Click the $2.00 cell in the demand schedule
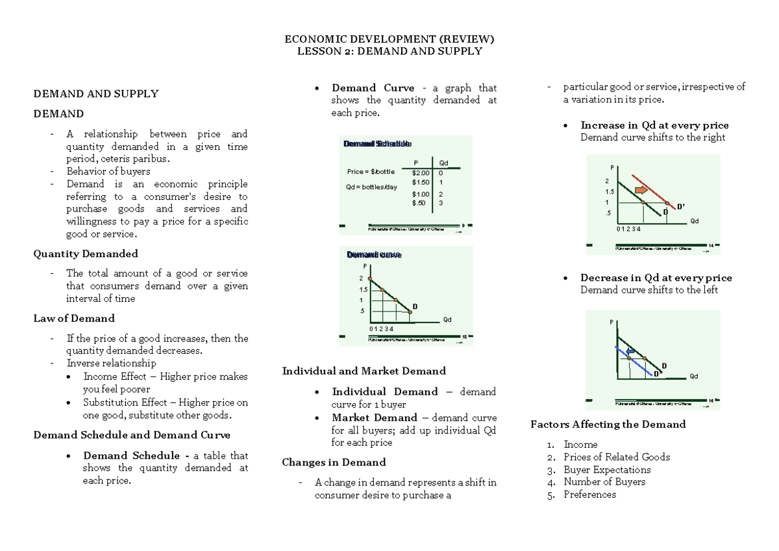pyautogui.click(x=421, y=173)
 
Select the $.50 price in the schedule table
pyautogui.click(x=419, y=203)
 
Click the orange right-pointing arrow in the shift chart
pyautogui.click(x=641, y=190)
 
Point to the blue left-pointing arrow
pyautogui.click(x=629, y=350)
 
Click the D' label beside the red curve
pyautogui.click(x=680, y=206)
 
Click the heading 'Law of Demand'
pyautogui.click(x=74, y=319)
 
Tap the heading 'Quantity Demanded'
pyautogui.click(x=86, y=254)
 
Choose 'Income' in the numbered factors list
pyautogui.click(x=580, y=445)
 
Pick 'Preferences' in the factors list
pyautogui.click(x=589, y=495)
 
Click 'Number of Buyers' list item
pyautogui.click(x=604, y=482)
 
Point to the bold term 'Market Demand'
pyautogui.click(x=375, y=418)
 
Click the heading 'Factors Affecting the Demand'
pyautogui.click(x=608, y=424)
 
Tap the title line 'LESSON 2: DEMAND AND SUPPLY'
pyautogui.click(x=389, y=51)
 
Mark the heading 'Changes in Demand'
pyautogui.click(x=334, y=462)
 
